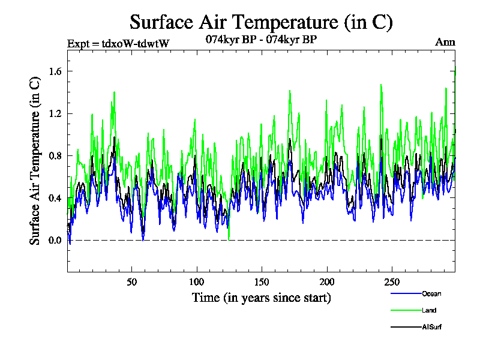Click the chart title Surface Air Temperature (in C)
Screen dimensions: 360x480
[x=261, y=22]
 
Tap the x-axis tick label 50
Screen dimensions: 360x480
[x=131, y=282]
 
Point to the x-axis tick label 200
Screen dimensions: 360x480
[x=326, y=282]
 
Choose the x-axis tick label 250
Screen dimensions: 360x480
[x=391, y=282]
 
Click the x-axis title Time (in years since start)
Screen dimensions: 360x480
[x=261, y=297]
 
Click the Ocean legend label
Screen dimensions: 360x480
[x=431, y=293]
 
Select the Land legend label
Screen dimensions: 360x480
[x=428, y=310]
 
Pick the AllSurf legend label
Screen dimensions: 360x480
[x=431, y=327]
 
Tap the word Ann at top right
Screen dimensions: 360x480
[x=445, y=42]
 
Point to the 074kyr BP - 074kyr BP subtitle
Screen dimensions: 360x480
[x=261, y=40]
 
